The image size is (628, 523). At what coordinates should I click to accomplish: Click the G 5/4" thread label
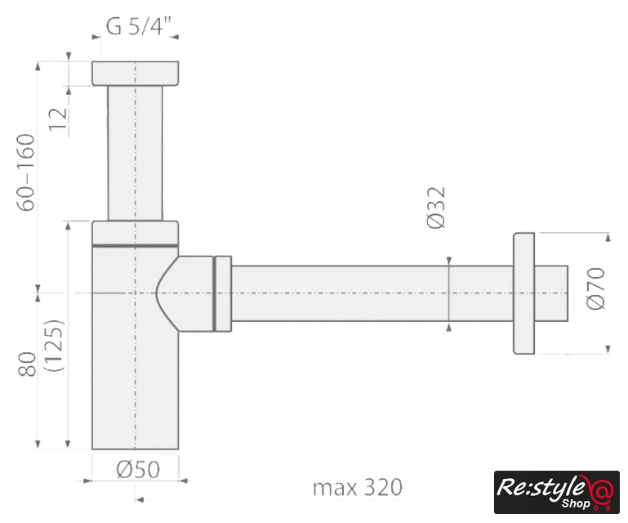pyautogui.click(x=138, y=26)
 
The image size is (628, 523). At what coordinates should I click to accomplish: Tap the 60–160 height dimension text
pyautogui.click(x=26, y=172)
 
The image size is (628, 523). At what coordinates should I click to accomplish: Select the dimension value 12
pyautogui.click(x=58, y=118)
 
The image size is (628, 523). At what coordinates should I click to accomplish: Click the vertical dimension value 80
pyautogui.click(x=27, y=364)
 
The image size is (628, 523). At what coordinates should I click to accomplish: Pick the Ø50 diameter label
pyautogui.click(x=138, y=469)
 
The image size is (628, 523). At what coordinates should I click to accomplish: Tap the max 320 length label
pyautogui.click(x=357, y=487)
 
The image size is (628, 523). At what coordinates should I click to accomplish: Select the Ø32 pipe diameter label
pyautogui.click(x=436, y=208)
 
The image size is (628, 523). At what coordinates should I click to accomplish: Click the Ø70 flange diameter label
pyautogui.click(x=595, y=288)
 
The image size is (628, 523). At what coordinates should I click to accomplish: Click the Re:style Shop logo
pyautogui.click(x=557, y=492)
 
